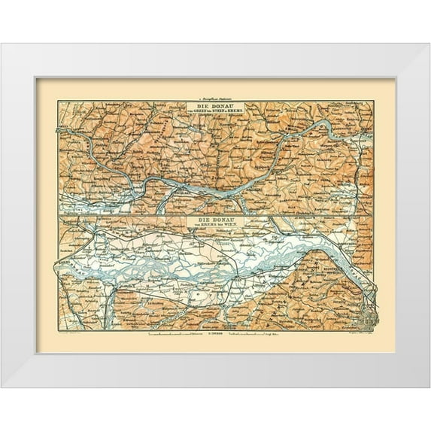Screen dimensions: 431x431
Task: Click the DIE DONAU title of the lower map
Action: [215, 219]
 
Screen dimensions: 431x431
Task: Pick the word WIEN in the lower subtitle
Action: [233, 225]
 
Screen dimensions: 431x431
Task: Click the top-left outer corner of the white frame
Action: [2, 44]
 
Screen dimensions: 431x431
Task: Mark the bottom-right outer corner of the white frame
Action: [429, 387]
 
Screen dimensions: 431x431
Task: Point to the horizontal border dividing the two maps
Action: [215, 215]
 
